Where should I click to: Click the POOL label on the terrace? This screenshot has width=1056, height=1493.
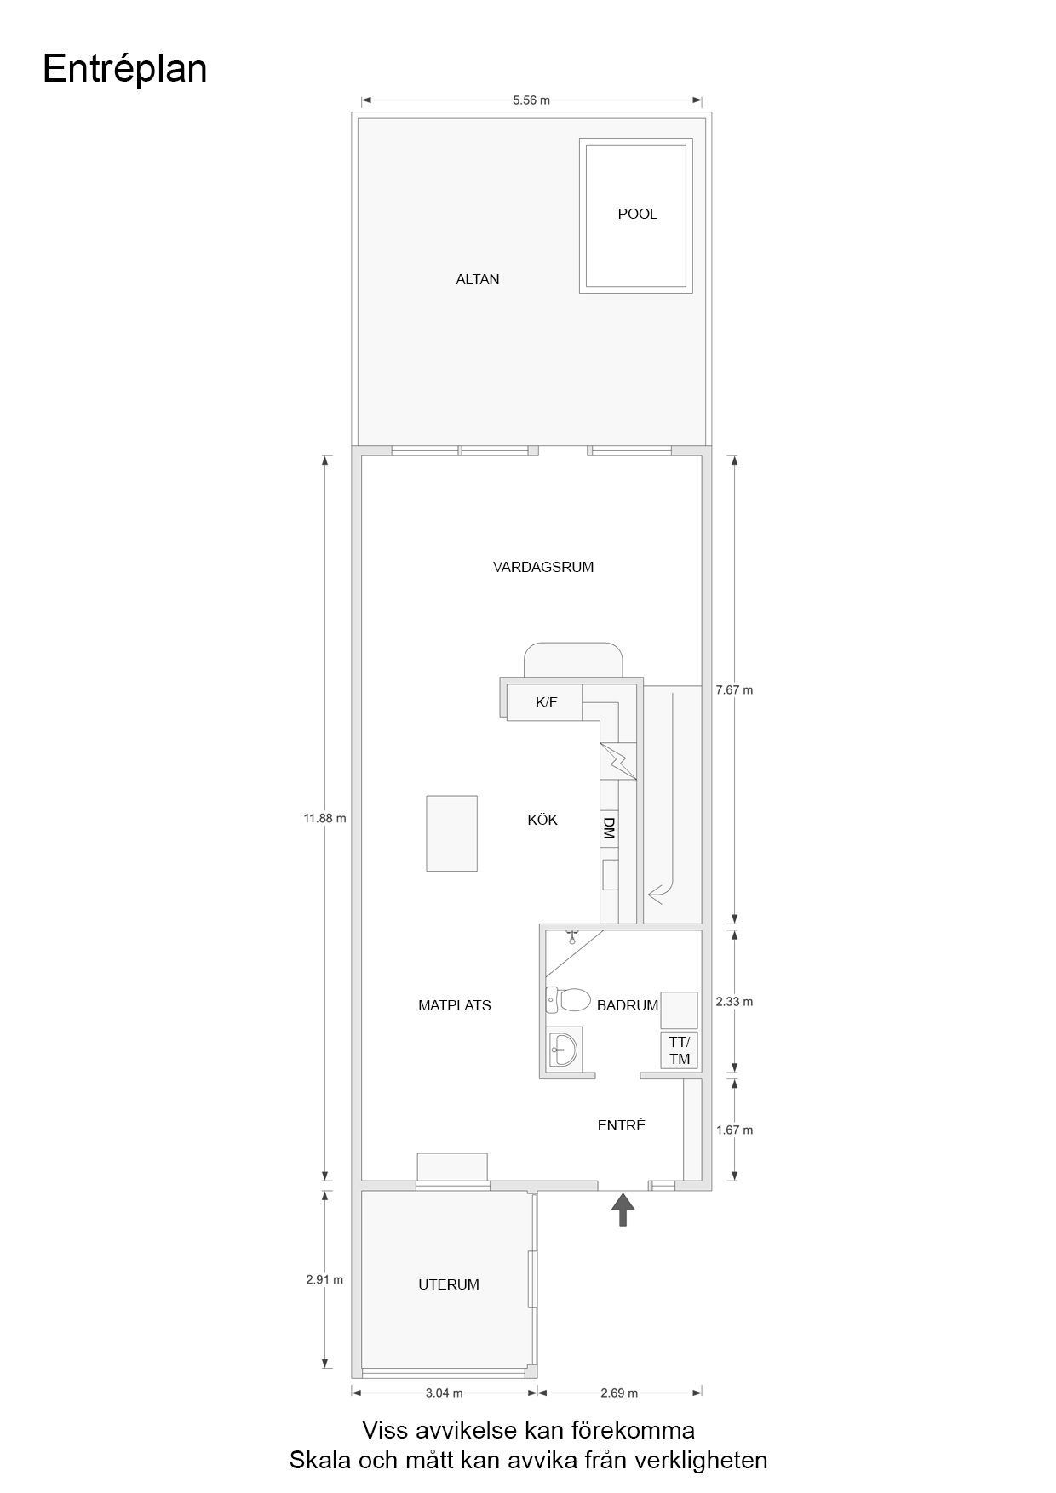point(637,215)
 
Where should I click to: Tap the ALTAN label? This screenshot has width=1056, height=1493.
point(477,279)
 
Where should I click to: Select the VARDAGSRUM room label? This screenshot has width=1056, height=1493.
point(542,567)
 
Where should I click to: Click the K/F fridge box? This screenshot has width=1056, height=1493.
point(545,703)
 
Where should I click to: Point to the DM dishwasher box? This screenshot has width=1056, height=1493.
point(608,828)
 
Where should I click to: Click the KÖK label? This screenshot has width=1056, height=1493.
point(542,820)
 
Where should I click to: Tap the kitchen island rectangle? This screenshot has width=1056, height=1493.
point(451,833)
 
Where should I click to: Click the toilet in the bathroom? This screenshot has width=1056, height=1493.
point(569,999)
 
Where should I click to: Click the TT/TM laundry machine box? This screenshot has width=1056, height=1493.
point(679,1050)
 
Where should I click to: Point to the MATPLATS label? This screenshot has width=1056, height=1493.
point(454,1005)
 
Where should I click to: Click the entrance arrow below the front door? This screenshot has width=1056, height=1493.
point(623,1209)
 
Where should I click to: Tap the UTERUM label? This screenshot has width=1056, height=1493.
point(448,1284)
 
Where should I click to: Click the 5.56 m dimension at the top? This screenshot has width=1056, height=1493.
point(531,100)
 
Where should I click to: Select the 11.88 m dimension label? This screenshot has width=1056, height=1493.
point(324,819)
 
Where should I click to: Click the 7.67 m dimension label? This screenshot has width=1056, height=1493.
point(734,690)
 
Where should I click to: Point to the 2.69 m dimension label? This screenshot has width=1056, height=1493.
point(618,1393)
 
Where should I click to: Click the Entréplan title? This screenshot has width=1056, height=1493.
point(124,69)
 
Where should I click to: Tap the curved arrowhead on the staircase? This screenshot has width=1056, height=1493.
point(655,895)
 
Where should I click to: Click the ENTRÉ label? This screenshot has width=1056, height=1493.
point(622,1125)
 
